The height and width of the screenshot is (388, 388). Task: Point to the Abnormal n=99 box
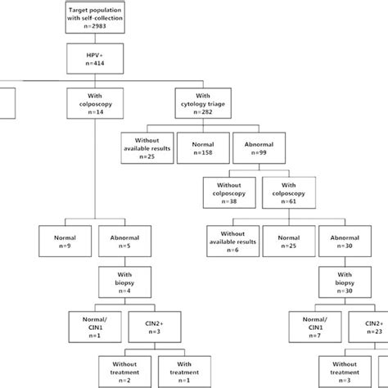tap(261, 146)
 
